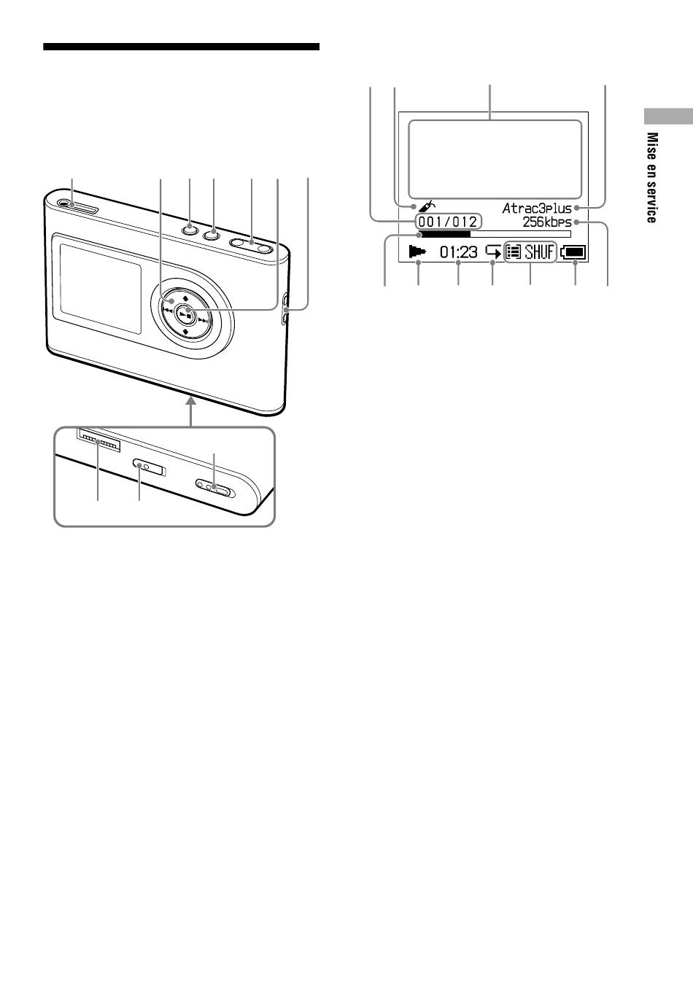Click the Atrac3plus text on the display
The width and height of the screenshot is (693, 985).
click(537, 208)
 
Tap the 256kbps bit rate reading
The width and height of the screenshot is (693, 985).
click(547, 222)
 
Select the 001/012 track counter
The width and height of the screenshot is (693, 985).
click(448, 222)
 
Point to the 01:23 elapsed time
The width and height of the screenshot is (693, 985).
click(459, 252)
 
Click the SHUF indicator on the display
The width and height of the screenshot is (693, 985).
click(539, 252)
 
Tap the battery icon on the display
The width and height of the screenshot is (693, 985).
click(573, 253)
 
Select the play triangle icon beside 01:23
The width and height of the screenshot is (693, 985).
click(417, 252)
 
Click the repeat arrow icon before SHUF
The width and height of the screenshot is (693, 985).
click(493, 252)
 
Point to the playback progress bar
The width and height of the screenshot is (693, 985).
click(495, 234)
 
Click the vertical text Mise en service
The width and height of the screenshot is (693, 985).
click(652, 178)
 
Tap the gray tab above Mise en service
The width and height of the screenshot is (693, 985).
click(668, 116)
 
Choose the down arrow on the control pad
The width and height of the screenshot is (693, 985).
click(186, 332)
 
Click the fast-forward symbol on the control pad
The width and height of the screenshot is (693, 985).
click(203, 321)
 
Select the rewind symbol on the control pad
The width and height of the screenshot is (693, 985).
click(167, 311)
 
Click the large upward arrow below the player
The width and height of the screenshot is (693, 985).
click(190, 411)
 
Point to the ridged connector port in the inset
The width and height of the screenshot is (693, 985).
click(98, 440)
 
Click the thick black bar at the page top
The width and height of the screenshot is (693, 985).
click(182, 47)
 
